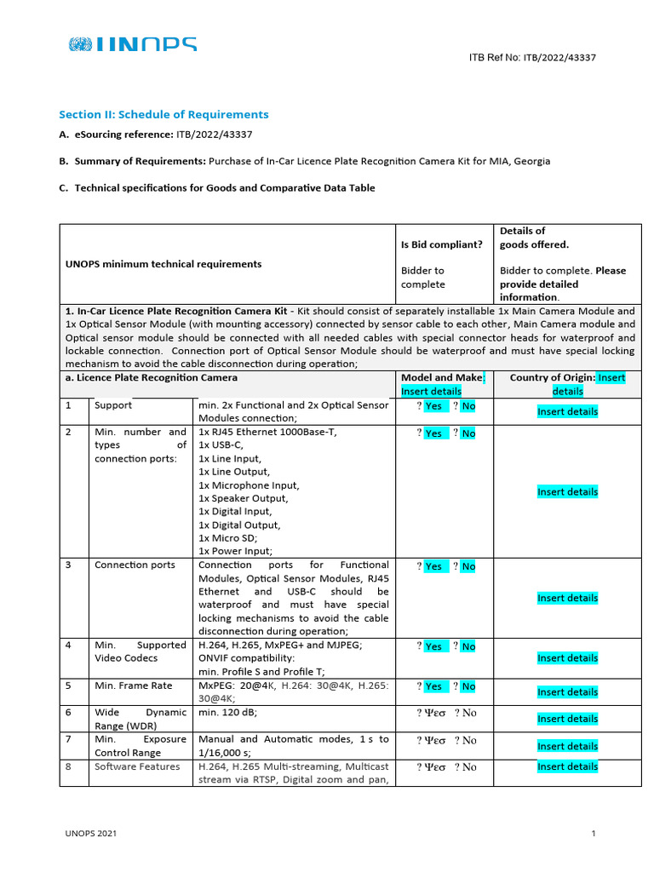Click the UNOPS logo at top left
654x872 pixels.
pos(133,44)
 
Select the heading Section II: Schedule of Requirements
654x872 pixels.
pos(163,114)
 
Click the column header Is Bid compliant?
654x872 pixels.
pos(442,244)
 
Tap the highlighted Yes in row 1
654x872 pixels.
pos(433,406)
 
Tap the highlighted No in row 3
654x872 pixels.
pos(468,566)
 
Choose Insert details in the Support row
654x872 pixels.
pos(567,411)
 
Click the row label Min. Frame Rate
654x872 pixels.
pos(133,686)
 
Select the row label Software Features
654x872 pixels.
pos(137,766)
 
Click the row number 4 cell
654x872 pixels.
pos(69,645)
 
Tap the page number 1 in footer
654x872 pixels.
pos(594,835)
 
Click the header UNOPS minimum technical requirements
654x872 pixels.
pos(163,264)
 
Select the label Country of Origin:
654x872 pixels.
pos(552,377)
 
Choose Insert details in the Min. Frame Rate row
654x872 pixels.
pos(567,691)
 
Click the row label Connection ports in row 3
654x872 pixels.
pos(135,565)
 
